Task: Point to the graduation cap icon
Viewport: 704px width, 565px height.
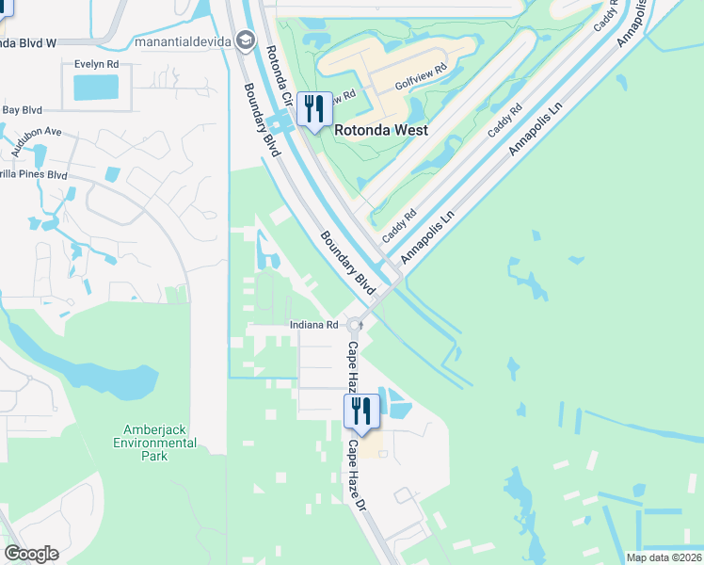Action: (246, 40)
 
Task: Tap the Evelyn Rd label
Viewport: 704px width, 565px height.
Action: (97, 64)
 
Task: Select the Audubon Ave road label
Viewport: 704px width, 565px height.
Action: (37, 140)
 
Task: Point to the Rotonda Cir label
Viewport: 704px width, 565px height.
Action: (280, 75)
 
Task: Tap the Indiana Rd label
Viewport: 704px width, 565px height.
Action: (312, 325)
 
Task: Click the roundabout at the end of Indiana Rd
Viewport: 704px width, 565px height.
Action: (355, 326)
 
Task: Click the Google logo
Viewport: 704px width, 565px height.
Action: (31, 554)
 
